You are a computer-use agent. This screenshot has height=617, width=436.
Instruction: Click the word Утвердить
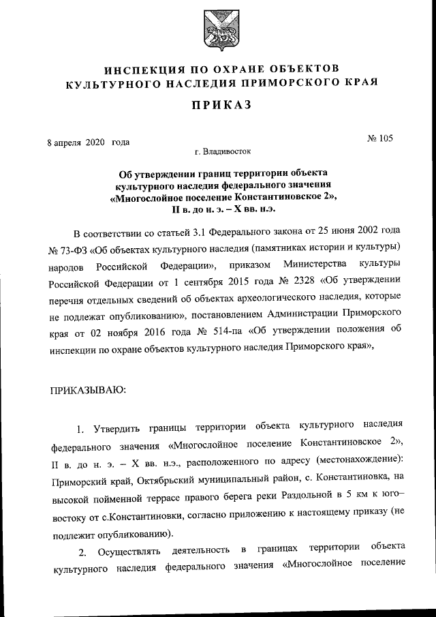coord(121,429)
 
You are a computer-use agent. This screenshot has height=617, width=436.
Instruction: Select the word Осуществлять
coord(127,551)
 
